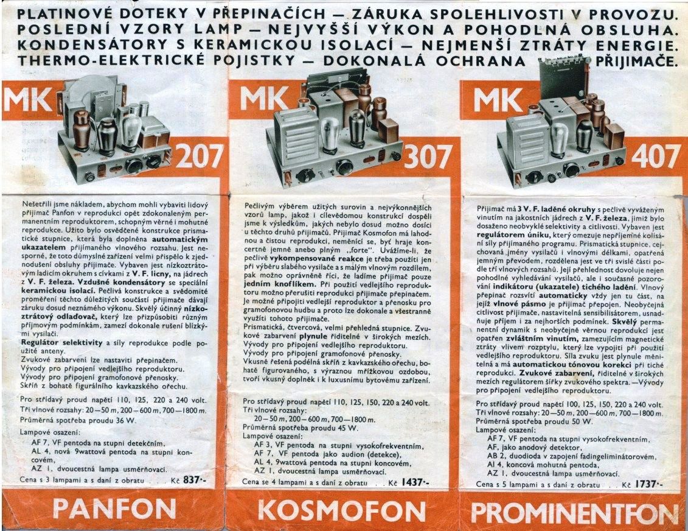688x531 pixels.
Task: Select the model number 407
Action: (656, 156)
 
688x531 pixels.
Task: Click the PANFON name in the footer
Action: (114, 510)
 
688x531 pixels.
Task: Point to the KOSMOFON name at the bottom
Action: (342, 511)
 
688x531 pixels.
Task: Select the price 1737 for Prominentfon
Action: (648, 484)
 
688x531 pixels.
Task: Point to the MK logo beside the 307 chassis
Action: (265, 99)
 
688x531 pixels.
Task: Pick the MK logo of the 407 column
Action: (498, 100)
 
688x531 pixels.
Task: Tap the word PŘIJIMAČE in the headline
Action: (634, 61)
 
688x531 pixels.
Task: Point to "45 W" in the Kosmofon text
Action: (348, 428)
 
